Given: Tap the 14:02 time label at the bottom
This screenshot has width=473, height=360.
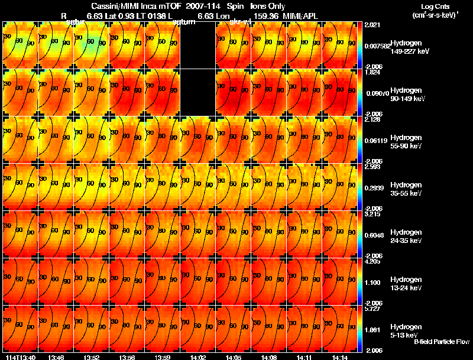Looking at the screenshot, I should coord(197,357).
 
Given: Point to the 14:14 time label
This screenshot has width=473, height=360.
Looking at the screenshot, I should coord(339,357).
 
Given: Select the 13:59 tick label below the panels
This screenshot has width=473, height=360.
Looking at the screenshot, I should coord(162,357).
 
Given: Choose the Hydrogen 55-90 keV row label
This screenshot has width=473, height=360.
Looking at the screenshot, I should coord(407,141).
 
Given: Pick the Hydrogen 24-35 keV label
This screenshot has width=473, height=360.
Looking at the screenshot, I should coord(407,236).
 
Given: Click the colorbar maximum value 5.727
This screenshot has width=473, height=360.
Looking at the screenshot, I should coord(372,309).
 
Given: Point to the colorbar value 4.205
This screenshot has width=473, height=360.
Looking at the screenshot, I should coord(372,261).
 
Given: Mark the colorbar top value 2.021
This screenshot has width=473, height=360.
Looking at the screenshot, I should coord(372,25).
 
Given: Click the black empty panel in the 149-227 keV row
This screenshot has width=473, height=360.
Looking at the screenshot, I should coord(197,45).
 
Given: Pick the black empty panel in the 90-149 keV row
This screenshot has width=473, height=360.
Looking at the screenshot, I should coord(197,92).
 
